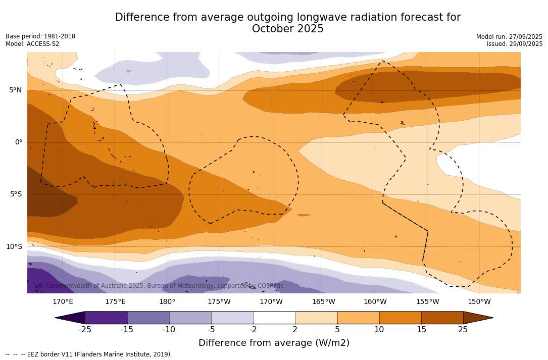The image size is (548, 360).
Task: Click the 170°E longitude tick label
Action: [63, 302]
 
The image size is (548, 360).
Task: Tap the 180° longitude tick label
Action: [167, 302]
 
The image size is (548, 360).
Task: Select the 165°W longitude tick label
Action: [323, 302]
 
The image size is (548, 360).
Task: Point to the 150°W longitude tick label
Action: [479, 302]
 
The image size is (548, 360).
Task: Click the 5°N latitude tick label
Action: [15, 90]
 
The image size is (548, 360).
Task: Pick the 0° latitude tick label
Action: [19, 142]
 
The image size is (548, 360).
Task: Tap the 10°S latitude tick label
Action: [14, 247]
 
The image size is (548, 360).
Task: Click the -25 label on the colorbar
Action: [85, 330]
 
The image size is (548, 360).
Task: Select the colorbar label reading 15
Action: [421, 330]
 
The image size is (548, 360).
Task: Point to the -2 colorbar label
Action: [253, 330]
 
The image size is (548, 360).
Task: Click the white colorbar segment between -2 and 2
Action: [274, 318]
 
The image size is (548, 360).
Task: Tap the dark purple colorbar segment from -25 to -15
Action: [106, 318]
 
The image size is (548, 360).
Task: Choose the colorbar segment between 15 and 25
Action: [442, 318]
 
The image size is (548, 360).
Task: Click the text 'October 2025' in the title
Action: [287, 29]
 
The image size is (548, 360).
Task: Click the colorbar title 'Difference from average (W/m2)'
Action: [274, 343]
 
